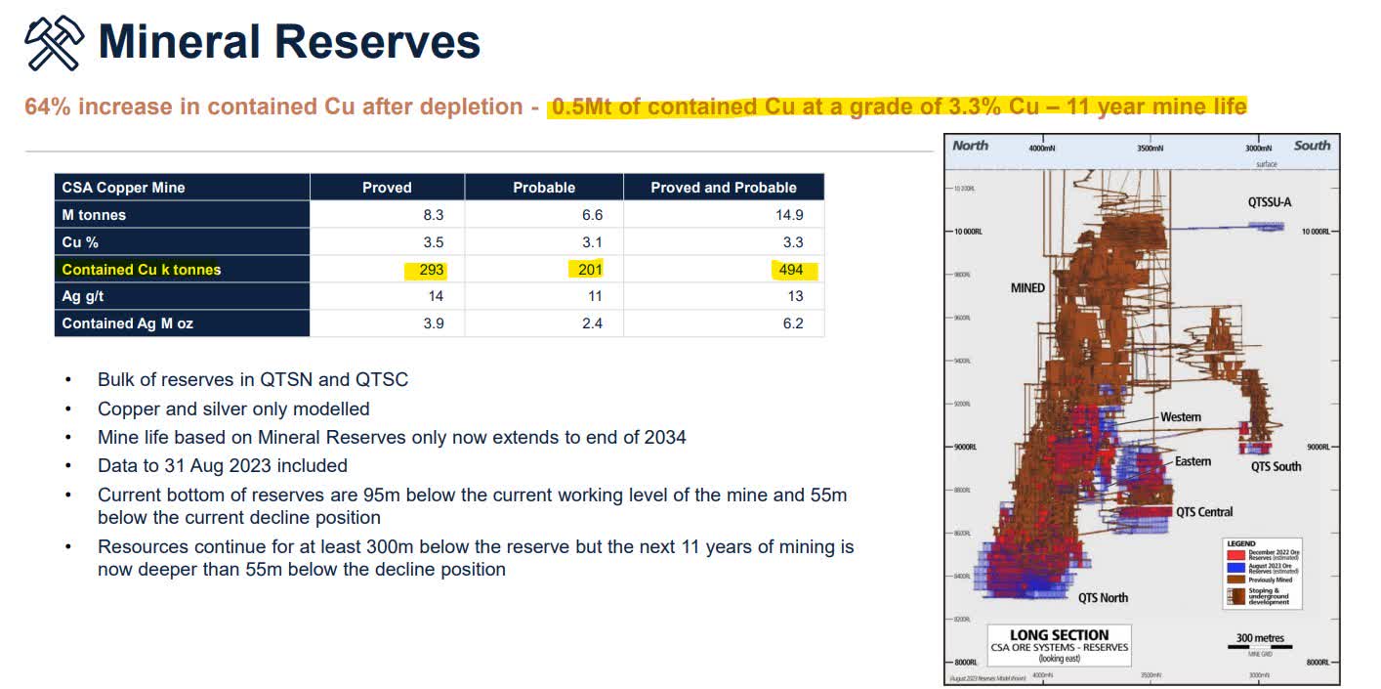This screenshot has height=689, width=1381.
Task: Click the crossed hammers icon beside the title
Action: pos(52,43)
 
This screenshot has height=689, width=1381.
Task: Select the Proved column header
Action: pos(387,188)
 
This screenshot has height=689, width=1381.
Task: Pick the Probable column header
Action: pos(544,188)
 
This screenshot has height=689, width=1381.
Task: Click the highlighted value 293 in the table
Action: pos(431,270)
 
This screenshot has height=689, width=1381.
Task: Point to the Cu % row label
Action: pos(80,242)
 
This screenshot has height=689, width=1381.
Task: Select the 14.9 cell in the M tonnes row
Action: pos(789,215)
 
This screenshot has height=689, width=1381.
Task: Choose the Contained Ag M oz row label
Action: pos(127,323)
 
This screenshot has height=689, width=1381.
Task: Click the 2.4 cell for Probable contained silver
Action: pos(592,323)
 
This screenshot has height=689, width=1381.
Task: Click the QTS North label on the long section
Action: pos(1103,597)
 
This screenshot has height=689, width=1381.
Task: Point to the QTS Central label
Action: pos(1204,511)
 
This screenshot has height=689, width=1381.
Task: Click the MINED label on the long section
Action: pos(1027,288)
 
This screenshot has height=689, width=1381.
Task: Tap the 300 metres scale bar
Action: pos(1260,642)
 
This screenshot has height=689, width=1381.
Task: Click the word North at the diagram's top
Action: pos(970,146)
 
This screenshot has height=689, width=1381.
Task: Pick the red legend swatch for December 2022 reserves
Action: pos(1235,556)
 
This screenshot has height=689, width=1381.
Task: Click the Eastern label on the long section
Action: pos(1193,461)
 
